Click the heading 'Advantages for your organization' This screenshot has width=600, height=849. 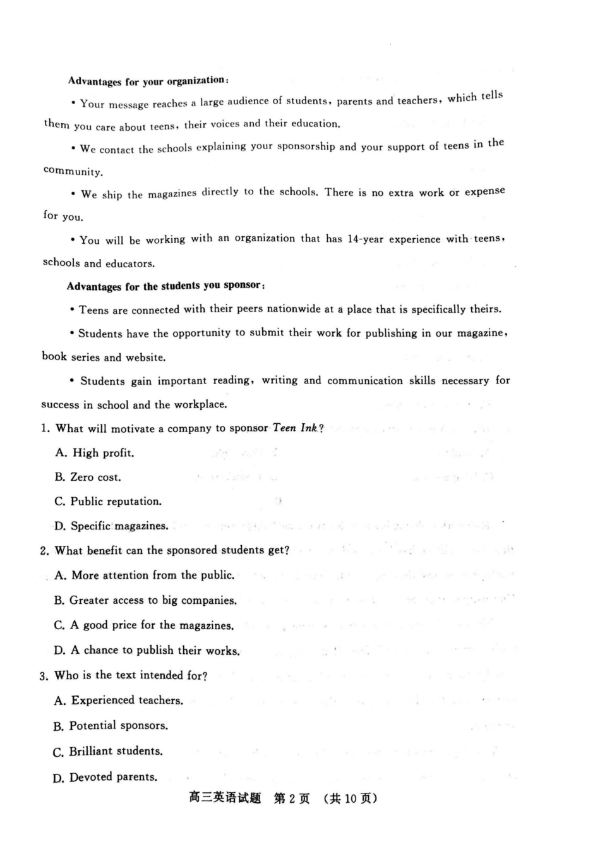click(148, 81)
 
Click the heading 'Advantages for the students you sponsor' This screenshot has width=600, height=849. click(165, 286)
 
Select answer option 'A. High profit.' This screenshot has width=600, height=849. click(95, 453)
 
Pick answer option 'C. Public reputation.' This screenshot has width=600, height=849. click(108, 502)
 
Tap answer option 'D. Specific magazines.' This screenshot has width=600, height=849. click(111, 526)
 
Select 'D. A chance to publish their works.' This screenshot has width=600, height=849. click(147, 651)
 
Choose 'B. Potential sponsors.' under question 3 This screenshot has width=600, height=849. click(111, 726)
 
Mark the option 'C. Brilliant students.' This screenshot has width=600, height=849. click(108, 752)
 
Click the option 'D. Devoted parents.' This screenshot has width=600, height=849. click(105, 778)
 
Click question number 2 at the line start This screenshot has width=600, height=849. click(44, 551)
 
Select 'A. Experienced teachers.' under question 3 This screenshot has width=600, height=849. click(119, 701)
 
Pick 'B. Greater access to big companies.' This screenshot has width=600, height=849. click(145, 601)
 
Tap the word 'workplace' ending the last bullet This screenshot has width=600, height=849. click(200, 405)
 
